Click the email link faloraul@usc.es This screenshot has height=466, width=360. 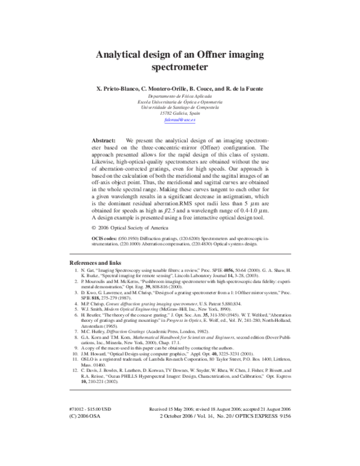tap(180, 119)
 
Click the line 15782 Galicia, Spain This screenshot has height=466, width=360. tap(180, 112)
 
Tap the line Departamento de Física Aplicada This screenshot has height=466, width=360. tap(180, 96)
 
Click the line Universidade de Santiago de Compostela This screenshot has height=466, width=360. tap(180, 107)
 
